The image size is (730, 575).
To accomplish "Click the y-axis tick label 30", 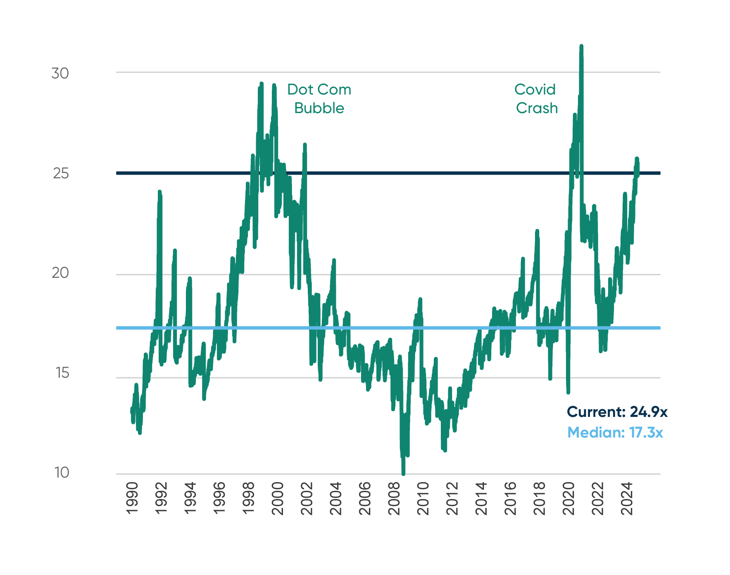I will [x=60, y=73].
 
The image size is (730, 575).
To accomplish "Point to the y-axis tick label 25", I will [x=60, y=173].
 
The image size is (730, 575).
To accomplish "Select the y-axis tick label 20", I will [x=60, y=273].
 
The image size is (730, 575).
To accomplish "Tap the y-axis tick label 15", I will [x=62, y=373].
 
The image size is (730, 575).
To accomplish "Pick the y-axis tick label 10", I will [x=62, y=473].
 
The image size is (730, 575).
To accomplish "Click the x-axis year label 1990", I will [x=132, y=498].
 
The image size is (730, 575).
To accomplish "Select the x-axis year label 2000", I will [x=278, y=498].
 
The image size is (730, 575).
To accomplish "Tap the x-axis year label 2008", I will [x=394, y=498].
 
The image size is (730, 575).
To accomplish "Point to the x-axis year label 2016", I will [x=511, y=498].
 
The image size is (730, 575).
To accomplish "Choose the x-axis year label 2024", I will [x=627, y=498].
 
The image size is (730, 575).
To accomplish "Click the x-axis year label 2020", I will [x=569, y=498].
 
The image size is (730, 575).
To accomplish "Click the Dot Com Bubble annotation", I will [x=319, y=99].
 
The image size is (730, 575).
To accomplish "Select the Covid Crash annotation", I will [x=536, y=99].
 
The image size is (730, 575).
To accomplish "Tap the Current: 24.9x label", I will [x=617, y=412].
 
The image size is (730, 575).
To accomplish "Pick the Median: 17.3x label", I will [x=615, y=432].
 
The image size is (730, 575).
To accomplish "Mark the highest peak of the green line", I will [x=581, y=46].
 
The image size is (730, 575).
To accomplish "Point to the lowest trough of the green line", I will [x=403, y=474].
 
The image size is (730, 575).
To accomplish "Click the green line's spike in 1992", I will [x=159, y=192].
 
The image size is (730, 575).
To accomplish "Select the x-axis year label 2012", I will [x=452, y=498].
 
